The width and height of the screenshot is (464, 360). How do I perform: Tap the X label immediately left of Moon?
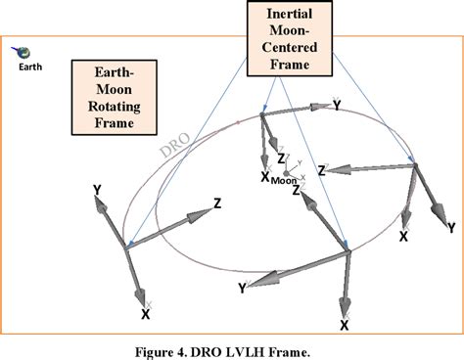[x=264, y=176]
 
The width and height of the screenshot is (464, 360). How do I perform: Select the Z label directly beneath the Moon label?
[x=296, y=191]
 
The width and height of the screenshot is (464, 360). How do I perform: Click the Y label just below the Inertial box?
[x=337, y=102]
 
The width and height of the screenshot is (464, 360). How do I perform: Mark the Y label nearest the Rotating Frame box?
[x=96, y=187]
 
